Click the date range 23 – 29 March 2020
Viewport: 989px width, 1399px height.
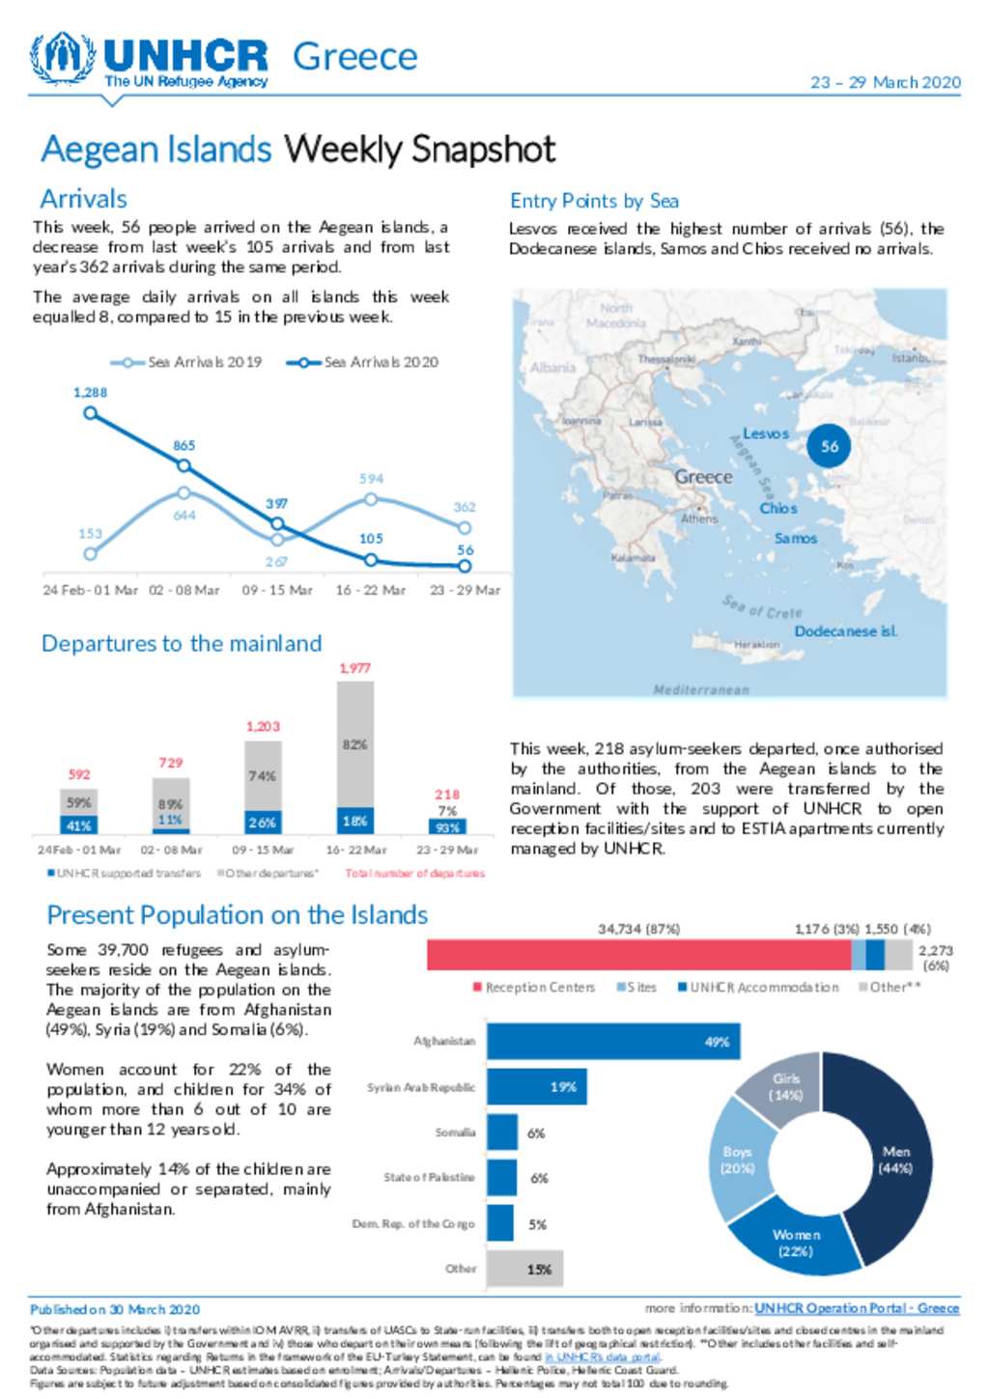click(x=885, y=83)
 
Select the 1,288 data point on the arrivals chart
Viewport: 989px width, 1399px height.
click(x=91, y=413)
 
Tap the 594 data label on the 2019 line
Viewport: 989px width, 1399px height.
click(x=371, y=479)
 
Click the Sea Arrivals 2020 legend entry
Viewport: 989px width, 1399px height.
click(x=363, y=362)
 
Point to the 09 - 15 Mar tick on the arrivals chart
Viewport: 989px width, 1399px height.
click(x=277, y=590)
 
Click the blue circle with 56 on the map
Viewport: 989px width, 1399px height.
click(x=829, y=446)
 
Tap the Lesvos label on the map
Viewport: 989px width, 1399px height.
click(x=765, y=434)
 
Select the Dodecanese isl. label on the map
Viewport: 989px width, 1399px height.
click(x=845, y=631)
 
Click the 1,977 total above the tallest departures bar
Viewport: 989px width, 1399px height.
click(x=354, y=668)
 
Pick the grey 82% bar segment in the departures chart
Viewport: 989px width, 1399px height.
click(x=354, y=744)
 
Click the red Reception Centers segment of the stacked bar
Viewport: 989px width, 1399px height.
click(x=638, y=955)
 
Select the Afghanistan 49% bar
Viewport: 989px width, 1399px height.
click(x=613, y=1042)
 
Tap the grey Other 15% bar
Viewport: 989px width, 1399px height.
click(x=524, y=1269)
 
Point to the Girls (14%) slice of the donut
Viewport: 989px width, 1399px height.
click(x=783, y=1088)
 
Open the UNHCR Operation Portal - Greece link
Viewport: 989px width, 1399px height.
click(x=857, y=1308)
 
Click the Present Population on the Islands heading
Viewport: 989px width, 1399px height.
click(x=237, y=914)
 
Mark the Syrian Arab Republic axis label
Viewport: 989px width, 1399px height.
click(x=421, y=1087)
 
